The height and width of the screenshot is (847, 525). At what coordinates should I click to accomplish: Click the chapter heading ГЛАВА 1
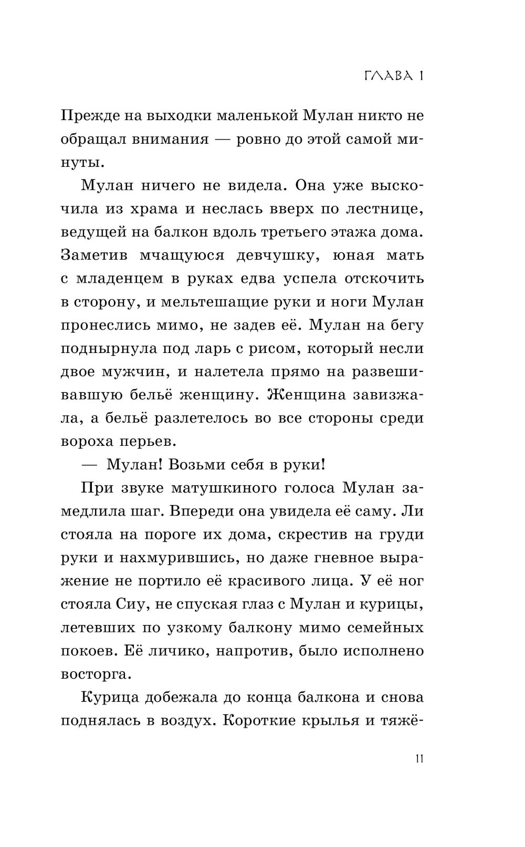click(394, 76)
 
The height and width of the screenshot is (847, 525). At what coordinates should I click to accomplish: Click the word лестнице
click(383, 209)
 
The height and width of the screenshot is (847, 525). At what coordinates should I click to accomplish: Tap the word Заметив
click(92, 255)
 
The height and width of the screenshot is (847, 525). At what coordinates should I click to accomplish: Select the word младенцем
click(124, 278)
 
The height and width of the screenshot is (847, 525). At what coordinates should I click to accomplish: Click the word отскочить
click(384, 278)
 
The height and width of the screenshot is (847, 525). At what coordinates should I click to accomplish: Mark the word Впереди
click(207, 511)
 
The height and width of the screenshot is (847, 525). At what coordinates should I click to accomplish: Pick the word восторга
click(93, 674)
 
